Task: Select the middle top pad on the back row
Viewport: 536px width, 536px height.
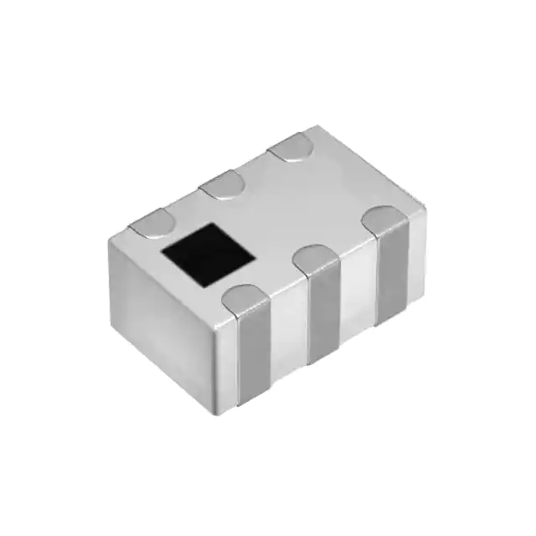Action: [x=222, y=183]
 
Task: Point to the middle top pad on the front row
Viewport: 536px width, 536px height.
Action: [x=319, y=259]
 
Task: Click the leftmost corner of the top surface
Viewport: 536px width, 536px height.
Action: [x=111, y=240]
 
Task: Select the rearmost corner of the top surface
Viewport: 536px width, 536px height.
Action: [x=314, y=126]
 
